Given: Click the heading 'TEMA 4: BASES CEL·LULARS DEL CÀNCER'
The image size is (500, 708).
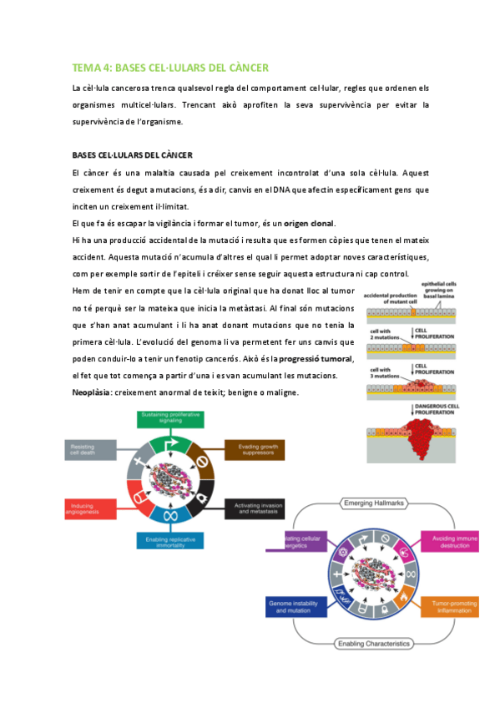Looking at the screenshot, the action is point(170,68).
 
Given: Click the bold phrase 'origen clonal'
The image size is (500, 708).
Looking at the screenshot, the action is point(309,223).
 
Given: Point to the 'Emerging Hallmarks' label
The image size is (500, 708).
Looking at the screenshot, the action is point(371,503).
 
